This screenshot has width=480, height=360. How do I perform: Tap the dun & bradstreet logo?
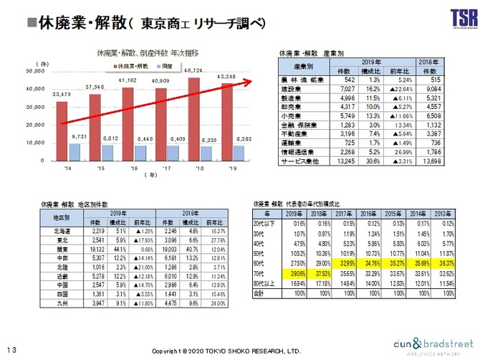pyautogui.click(x=429, y=345)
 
